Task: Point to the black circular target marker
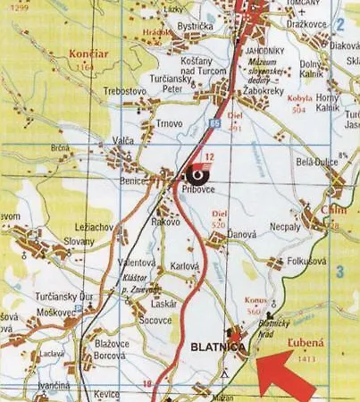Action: [x=194, y=174]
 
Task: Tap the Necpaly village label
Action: [x=285, y=227]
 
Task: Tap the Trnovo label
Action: [x=169, y=123]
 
